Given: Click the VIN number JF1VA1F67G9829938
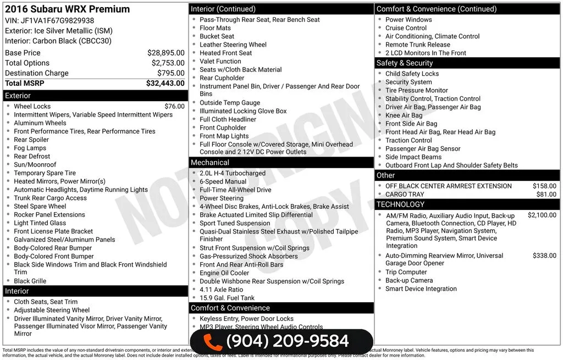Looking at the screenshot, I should (57, 21).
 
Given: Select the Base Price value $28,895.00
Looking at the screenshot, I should (165, 53).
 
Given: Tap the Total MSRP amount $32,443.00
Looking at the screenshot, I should (165, 84).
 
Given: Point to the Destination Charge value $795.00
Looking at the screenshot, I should (170, 73).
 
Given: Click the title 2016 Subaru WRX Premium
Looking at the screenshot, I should (68, 9).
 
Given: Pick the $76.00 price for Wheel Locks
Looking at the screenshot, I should (174, 107).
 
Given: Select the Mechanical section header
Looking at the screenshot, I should (210, 163).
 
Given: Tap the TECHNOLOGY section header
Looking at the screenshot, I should (400, 204).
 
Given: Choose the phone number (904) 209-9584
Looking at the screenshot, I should (287, 341).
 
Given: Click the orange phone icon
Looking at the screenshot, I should (212, 341).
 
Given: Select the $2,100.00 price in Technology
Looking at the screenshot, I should (542, 215).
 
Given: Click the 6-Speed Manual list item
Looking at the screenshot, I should (223, 182).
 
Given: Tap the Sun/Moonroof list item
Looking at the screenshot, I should (35, 165).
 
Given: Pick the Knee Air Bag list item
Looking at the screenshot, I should (404, 115).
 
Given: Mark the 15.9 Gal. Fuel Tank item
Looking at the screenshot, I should (227, 298).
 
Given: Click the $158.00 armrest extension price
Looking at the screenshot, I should (544, 186).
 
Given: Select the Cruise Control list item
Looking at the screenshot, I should (406, 28).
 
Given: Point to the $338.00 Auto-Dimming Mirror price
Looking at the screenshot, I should (544, 256).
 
